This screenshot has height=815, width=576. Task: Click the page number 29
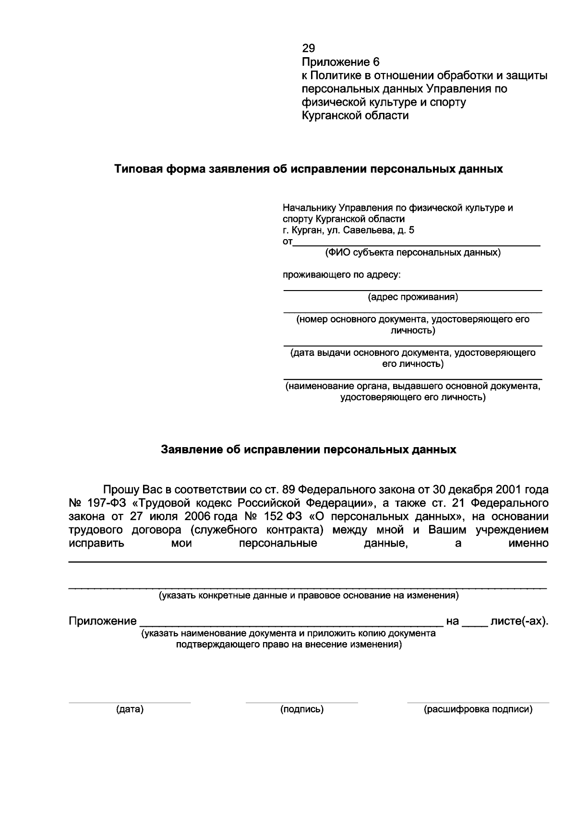click(308, 48)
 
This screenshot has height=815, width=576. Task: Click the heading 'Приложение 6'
click(340, 62)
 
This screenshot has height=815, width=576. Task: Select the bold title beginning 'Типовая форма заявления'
click(308, 169)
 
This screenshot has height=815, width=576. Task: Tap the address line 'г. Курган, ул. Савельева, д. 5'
click(348, 230)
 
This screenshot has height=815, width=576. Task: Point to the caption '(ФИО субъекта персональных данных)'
click(413, 253)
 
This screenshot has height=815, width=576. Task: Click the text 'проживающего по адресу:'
click(341, 275)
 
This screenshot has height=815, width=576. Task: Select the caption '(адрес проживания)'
click(413, 297)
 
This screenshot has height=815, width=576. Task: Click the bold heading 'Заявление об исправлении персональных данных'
click(308, 450)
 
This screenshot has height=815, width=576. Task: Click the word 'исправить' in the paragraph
click(96, 544)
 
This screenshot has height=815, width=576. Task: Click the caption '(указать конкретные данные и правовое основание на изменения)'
click(308, 596)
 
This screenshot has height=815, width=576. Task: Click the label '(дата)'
click(130, 709)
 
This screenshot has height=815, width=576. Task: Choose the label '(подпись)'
click(302, 709)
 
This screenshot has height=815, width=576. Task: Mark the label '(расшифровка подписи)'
click(478, 709)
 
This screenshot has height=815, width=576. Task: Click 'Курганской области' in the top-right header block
click(355, 116)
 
